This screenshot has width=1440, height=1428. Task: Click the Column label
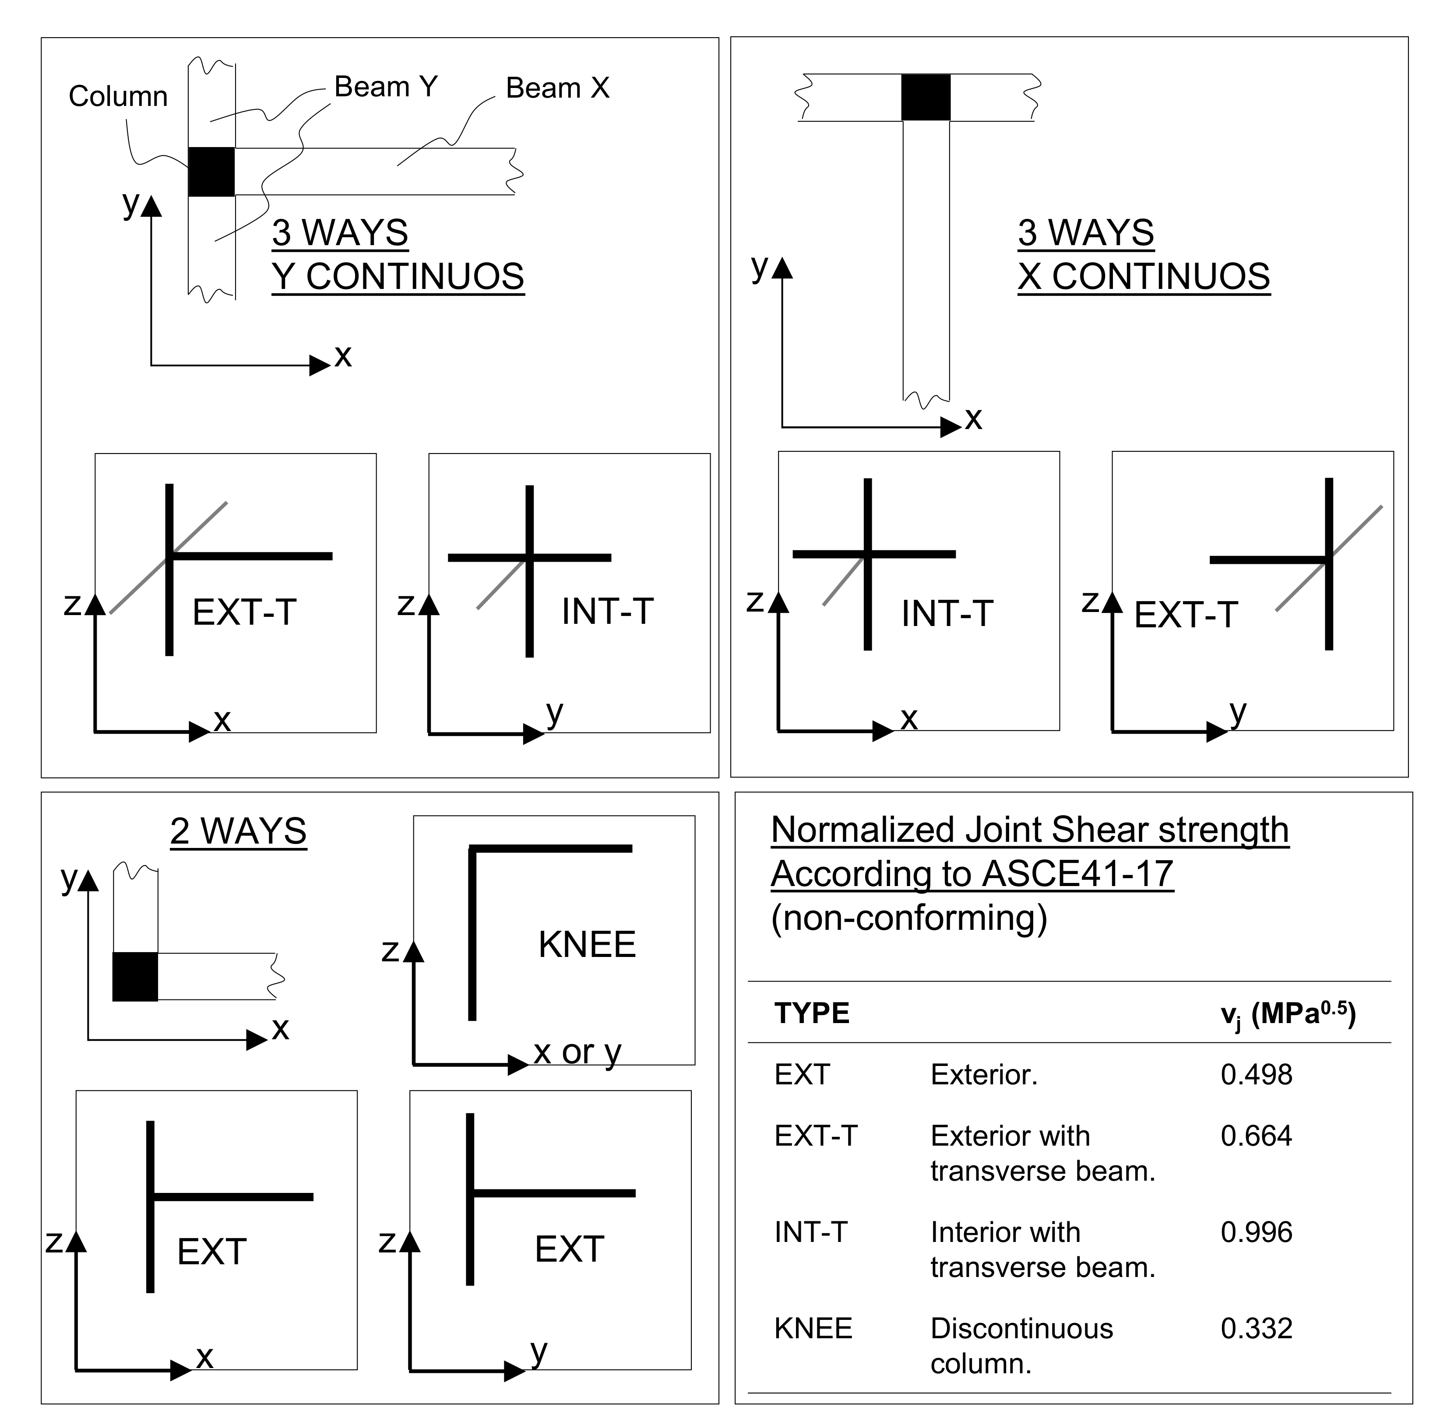point(118,97)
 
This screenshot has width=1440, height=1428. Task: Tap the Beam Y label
point(385,87)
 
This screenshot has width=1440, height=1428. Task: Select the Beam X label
point(557,88)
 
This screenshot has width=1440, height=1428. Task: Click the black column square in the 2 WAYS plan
point(135,976)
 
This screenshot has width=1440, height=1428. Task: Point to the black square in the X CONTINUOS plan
point(926,97)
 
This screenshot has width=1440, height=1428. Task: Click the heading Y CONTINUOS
point(398,277)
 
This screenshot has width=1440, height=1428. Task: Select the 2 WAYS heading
point(239,831)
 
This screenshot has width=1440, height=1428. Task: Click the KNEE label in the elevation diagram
point(587,945)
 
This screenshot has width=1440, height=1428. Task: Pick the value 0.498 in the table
point(1256,1075)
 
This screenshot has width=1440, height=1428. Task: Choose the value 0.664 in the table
point(1256,1136)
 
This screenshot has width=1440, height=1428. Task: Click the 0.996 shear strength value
point(1256,1233)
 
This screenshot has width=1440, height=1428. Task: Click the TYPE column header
point(812,1013)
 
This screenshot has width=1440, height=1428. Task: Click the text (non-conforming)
point(908,918)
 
